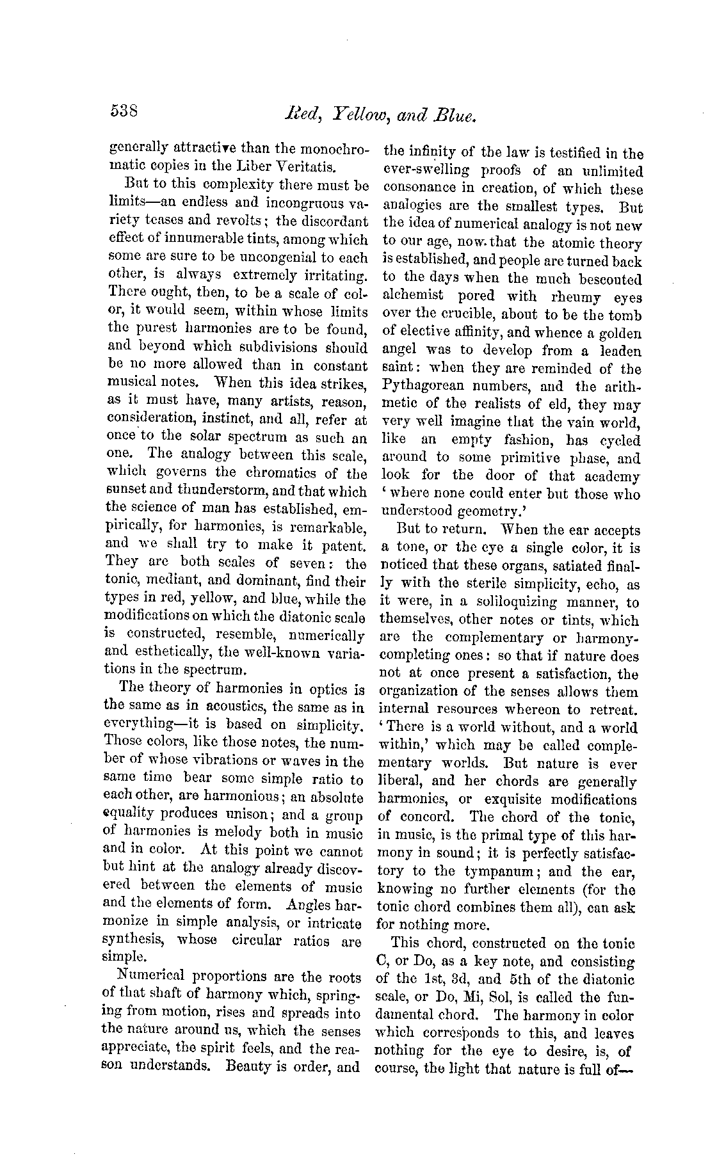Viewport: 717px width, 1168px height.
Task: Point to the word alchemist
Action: coord(412,297)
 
